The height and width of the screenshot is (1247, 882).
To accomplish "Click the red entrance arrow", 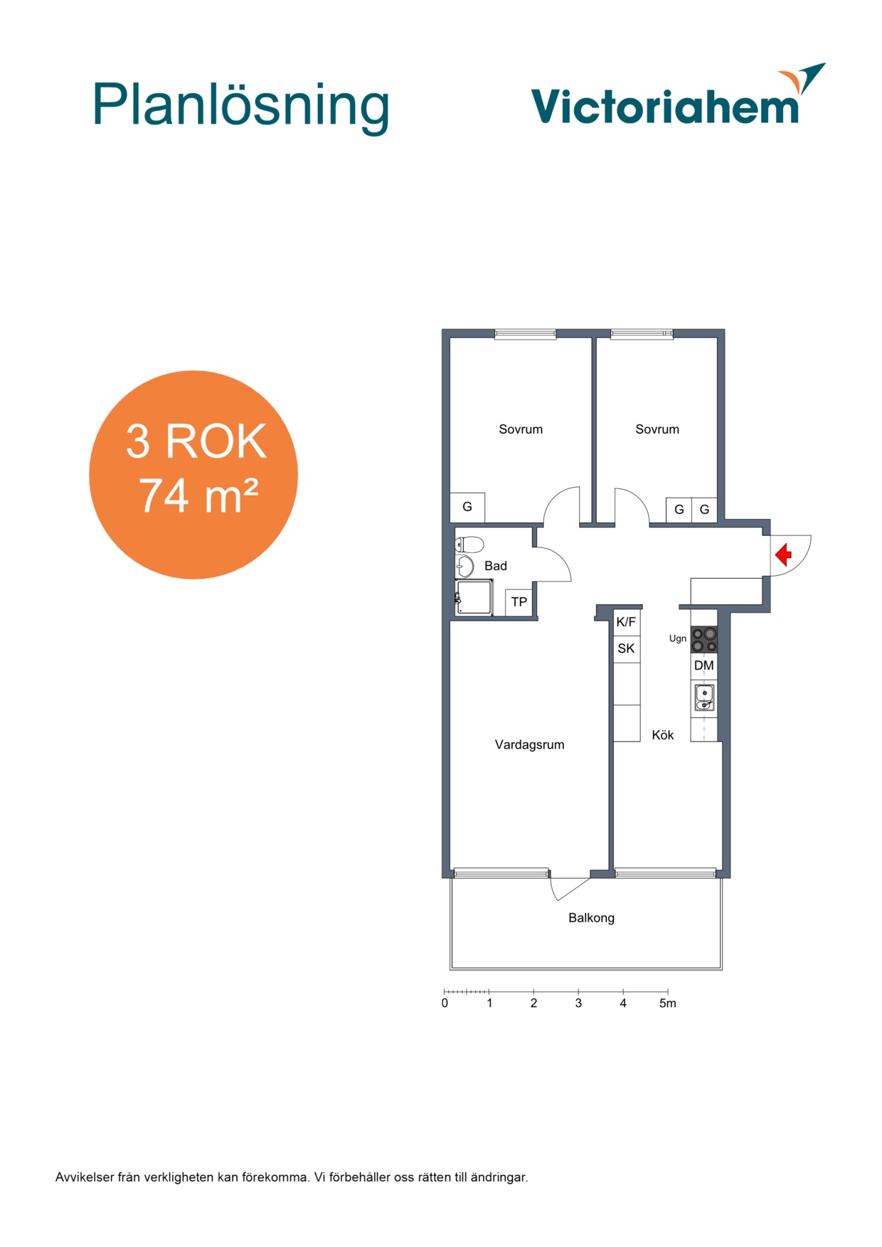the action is coord(783,555).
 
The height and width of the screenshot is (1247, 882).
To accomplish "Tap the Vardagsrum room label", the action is coord(529,744).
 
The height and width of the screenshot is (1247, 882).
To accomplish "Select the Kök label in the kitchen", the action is coord(662,734).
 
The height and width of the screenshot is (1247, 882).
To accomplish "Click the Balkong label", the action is coord(591,918).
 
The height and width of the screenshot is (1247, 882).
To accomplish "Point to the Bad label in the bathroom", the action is coord(495,566).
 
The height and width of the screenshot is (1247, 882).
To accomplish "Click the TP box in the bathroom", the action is coord(519,602).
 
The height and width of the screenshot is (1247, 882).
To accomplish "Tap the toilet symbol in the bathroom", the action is coord(469,545).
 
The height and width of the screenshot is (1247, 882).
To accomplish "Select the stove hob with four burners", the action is coord(704,639).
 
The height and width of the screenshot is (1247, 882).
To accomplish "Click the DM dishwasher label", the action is coord(703,665).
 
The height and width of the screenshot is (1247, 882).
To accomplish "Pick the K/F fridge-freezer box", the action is coord(626,622).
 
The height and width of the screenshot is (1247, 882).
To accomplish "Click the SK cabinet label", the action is coord(626,648).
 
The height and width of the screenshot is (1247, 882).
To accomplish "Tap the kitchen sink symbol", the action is coord(704,697).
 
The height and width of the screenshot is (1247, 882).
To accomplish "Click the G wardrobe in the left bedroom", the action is coord(467,507).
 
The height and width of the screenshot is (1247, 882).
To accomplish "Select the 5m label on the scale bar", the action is coord(667,1003).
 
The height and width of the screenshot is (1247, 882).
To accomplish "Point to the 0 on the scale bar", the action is coord(445,1003).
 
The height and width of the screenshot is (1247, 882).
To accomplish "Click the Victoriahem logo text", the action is coord(665,106).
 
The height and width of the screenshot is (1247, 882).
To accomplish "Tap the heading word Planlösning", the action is coord(241,107).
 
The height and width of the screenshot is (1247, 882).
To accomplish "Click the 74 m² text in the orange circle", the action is coord(198,496).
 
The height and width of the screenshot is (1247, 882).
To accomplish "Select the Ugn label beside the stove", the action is coord(677,638).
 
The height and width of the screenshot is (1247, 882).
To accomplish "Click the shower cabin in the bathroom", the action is coord(474,597).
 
